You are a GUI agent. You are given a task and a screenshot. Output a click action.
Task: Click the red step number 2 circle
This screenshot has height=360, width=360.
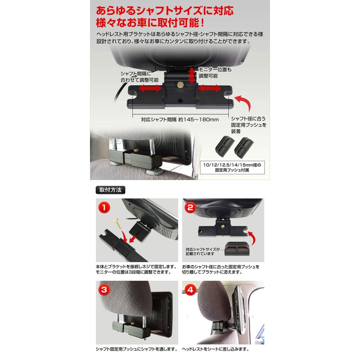[x=190, y=208]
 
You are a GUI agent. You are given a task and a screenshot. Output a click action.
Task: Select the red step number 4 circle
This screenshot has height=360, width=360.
[x=190, y=290]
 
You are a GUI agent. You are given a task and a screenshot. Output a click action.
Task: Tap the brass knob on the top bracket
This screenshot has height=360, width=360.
[x=181, y=85]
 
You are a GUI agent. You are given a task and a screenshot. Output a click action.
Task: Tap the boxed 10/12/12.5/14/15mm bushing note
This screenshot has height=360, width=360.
[x=232, y=167]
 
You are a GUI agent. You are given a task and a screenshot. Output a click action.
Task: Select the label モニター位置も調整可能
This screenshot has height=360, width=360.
[x=215, y=72]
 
